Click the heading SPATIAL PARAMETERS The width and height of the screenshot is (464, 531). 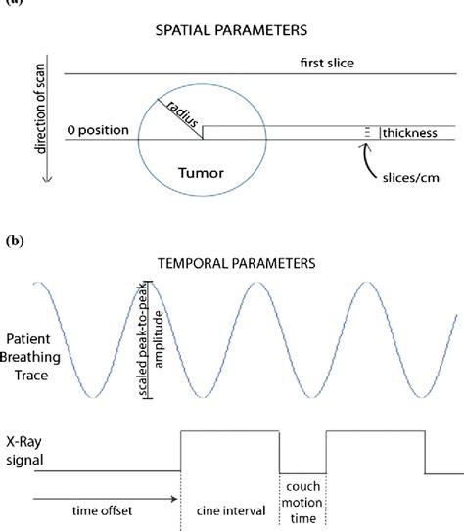(231, 32)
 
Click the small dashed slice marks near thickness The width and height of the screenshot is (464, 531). (368, 131)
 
